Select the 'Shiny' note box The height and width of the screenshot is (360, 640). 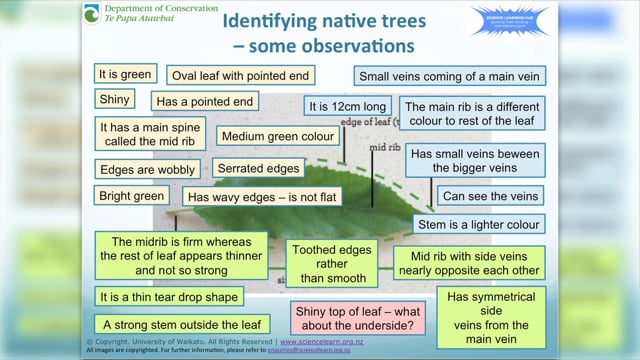(114, 99)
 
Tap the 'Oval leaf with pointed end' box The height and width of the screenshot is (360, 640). (241, 75)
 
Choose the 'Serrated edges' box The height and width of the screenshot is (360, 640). (259, 168)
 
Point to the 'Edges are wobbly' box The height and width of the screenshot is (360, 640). (147, 169)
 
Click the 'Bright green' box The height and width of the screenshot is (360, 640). (131, 195)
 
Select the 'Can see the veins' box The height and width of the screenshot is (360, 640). (490, 196)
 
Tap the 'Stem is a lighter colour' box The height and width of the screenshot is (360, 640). (479, 224)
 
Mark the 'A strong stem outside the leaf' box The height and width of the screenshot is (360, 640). (181, 325)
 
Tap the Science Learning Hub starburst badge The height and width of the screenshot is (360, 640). (509, 22)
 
